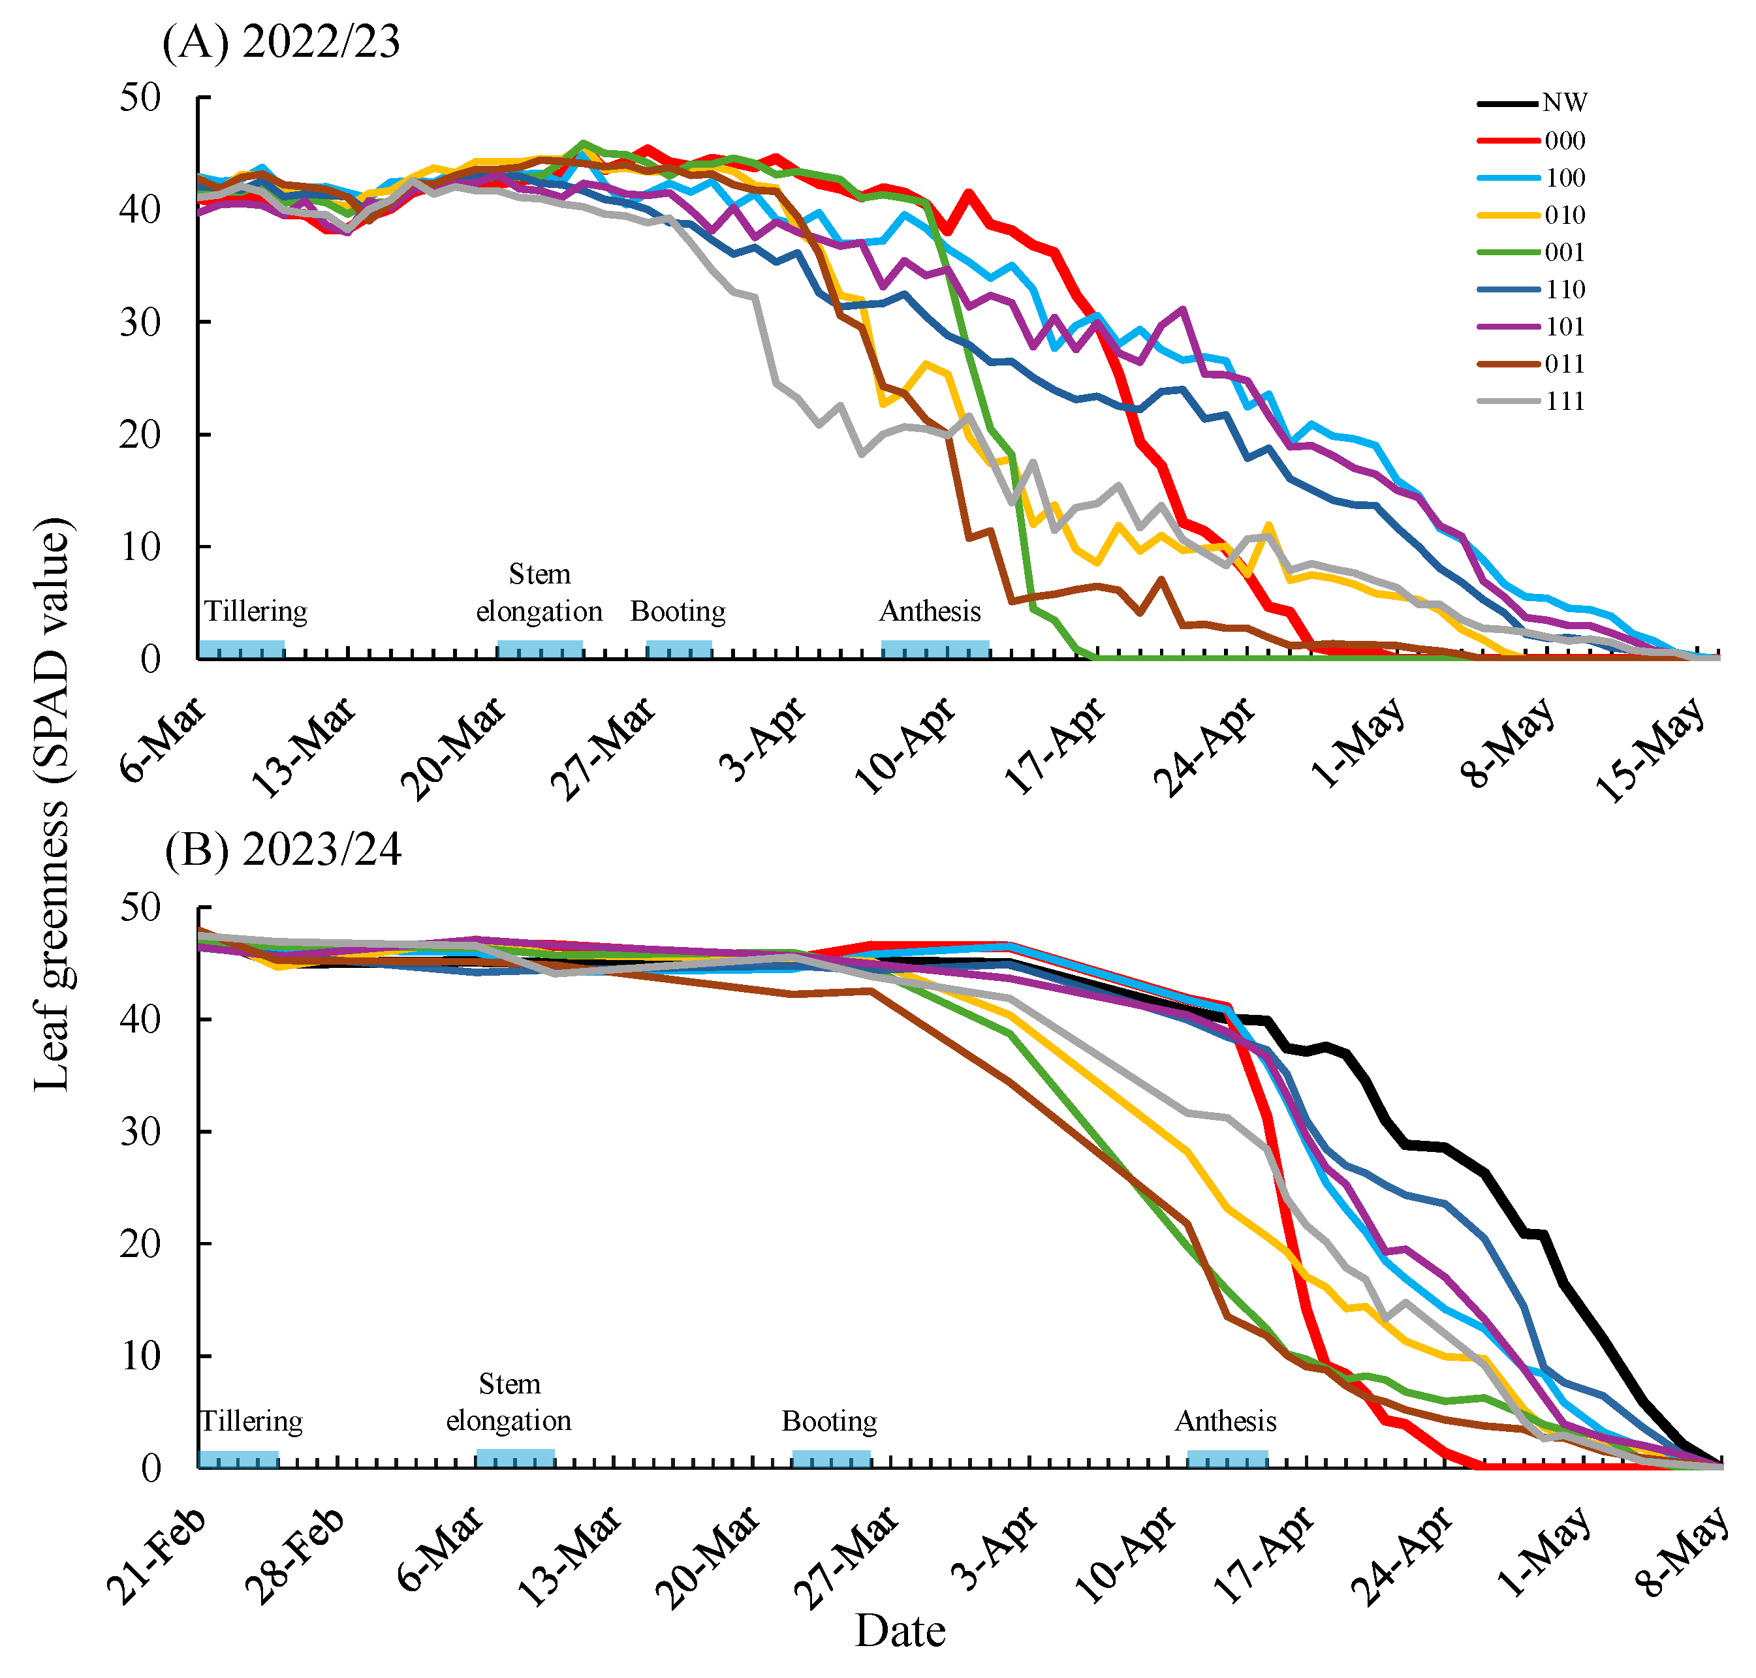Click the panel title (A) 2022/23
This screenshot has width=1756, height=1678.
click(281, 42)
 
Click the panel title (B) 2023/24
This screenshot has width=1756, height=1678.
click(283, 850)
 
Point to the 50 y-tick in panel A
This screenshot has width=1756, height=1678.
click(140, 97)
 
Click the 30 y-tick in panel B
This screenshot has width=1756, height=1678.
click(140, 1132)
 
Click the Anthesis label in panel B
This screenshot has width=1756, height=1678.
click(1225, 1422)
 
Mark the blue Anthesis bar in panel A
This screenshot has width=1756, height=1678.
click(934, 649)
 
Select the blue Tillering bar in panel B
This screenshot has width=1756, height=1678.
click(238, 1459)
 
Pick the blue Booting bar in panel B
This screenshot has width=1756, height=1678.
click(830, 1459)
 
